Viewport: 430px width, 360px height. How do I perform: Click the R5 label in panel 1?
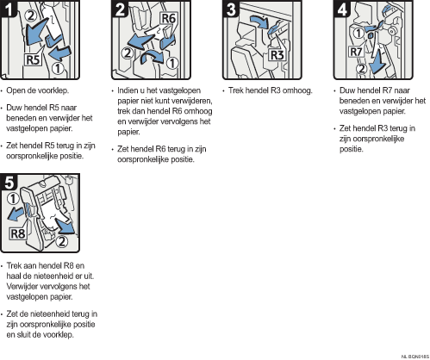coord(33,59)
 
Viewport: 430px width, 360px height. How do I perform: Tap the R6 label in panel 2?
coord(169,18)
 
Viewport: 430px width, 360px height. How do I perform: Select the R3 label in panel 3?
coord(277,54)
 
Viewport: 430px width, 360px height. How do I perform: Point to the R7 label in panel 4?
coord(356,52)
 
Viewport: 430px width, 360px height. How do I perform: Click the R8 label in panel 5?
coord(18,233)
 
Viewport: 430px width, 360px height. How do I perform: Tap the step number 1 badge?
coord(9,9)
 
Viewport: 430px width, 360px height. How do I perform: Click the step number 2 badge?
coord(120,9)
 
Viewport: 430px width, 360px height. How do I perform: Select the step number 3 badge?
coord(231,9)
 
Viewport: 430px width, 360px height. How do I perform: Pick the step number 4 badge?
coord(342,9)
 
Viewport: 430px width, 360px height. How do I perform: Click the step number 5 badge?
coord(9,183)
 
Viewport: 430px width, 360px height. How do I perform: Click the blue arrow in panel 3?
coord(259,22)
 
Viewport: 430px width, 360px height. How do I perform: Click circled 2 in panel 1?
coord(30,16)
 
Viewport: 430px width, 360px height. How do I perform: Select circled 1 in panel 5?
coord(13,199)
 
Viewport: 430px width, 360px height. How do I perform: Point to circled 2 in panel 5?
coord(62,241)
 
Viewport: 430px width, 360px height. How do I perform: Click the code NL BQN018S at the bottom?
coord(415,357)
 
